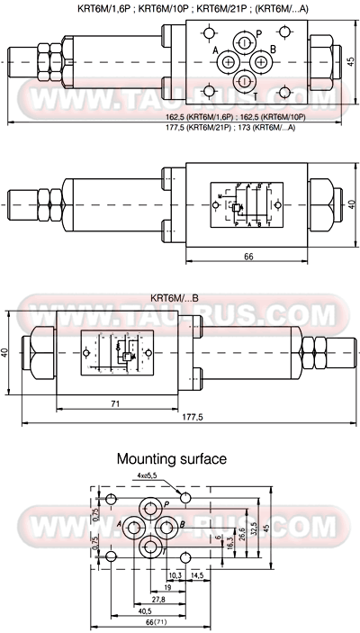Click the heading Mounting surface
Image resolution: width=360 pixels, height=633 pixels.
(x=172, y=459)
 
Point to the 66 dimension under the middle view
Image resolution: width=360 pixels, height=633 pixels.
(x=247, y=258)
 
